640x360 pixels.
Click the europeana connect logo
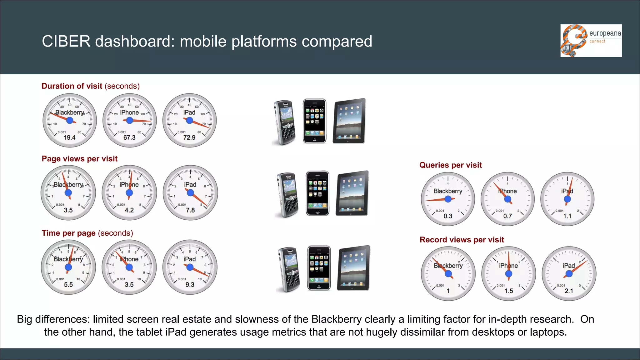click(591, 41)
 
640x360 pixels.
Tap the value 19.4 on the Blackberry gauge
click(69, 137)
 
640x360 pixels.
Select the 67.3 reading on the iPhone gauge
click(129, 137)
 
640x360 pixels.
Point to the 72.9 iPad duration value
click(189, 137)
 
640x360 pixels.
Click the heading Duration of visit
click(72, 86)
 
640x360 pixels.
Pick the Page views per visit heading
click(80, 159)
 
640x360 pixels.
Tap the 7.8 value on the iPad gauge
click(190, 210)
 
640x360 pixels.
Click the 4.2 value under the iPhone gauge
click(129, 210)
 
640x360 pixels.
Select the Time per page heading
click(69, 233)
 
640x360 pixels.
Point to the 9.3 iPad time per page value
click(190, 285)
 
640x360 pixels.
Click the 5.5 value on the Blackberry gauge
click(68, 285)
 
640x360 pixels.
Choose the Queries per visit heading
click(450, 165)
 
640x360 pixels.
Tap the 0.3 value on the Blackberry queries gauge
click(448, 216)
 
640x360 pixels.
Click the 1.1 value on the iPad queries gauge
click(567, 216)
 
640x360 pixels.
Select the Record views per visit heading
click(462, 240)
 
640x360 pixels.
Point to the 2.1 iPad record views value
click(569, 291)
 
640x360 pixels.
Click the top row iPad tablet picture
click(349, 121)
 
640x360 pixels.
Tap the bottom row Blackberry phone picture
click(288, 270)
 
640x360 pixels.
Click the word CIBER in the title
click(66, 41)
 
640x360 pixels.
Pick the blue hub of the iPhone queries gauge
click(507, 199)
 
